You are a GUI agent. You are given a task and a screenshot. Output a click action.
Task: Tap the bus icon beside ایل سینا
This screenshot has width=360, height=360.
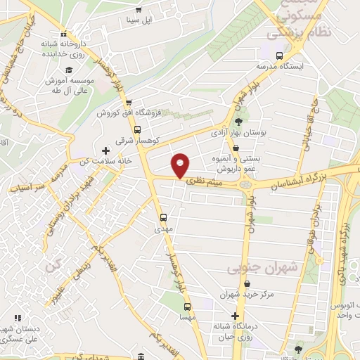[139, 9]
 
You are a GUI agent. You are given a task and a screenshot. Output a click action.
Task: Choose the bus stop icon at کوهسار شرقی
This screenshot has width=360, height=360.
[137, 129]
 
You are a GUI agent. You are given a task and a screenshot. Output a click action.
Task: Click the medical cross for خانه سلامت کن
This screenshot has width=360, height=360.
[106, 150]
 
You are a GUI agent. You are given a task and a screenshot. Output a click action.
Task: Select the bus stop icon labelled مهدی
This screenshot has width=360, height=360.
[163, 217]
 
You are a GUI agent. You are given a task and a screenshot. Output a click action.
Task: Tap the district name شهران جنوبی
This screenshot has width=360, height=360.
[253, 268]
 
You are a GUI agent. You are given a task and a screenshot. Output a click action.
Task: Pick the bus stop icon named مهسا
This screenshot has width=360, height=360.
[187, 307]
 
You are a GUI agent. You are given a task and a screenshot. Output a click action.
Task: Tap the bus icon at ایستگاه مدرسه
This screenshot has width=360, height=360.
[280, 55]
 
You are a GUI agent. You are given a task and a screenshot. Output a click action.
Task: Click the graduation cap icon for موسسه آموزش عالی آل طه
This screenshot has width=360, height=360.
[70, 70]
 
